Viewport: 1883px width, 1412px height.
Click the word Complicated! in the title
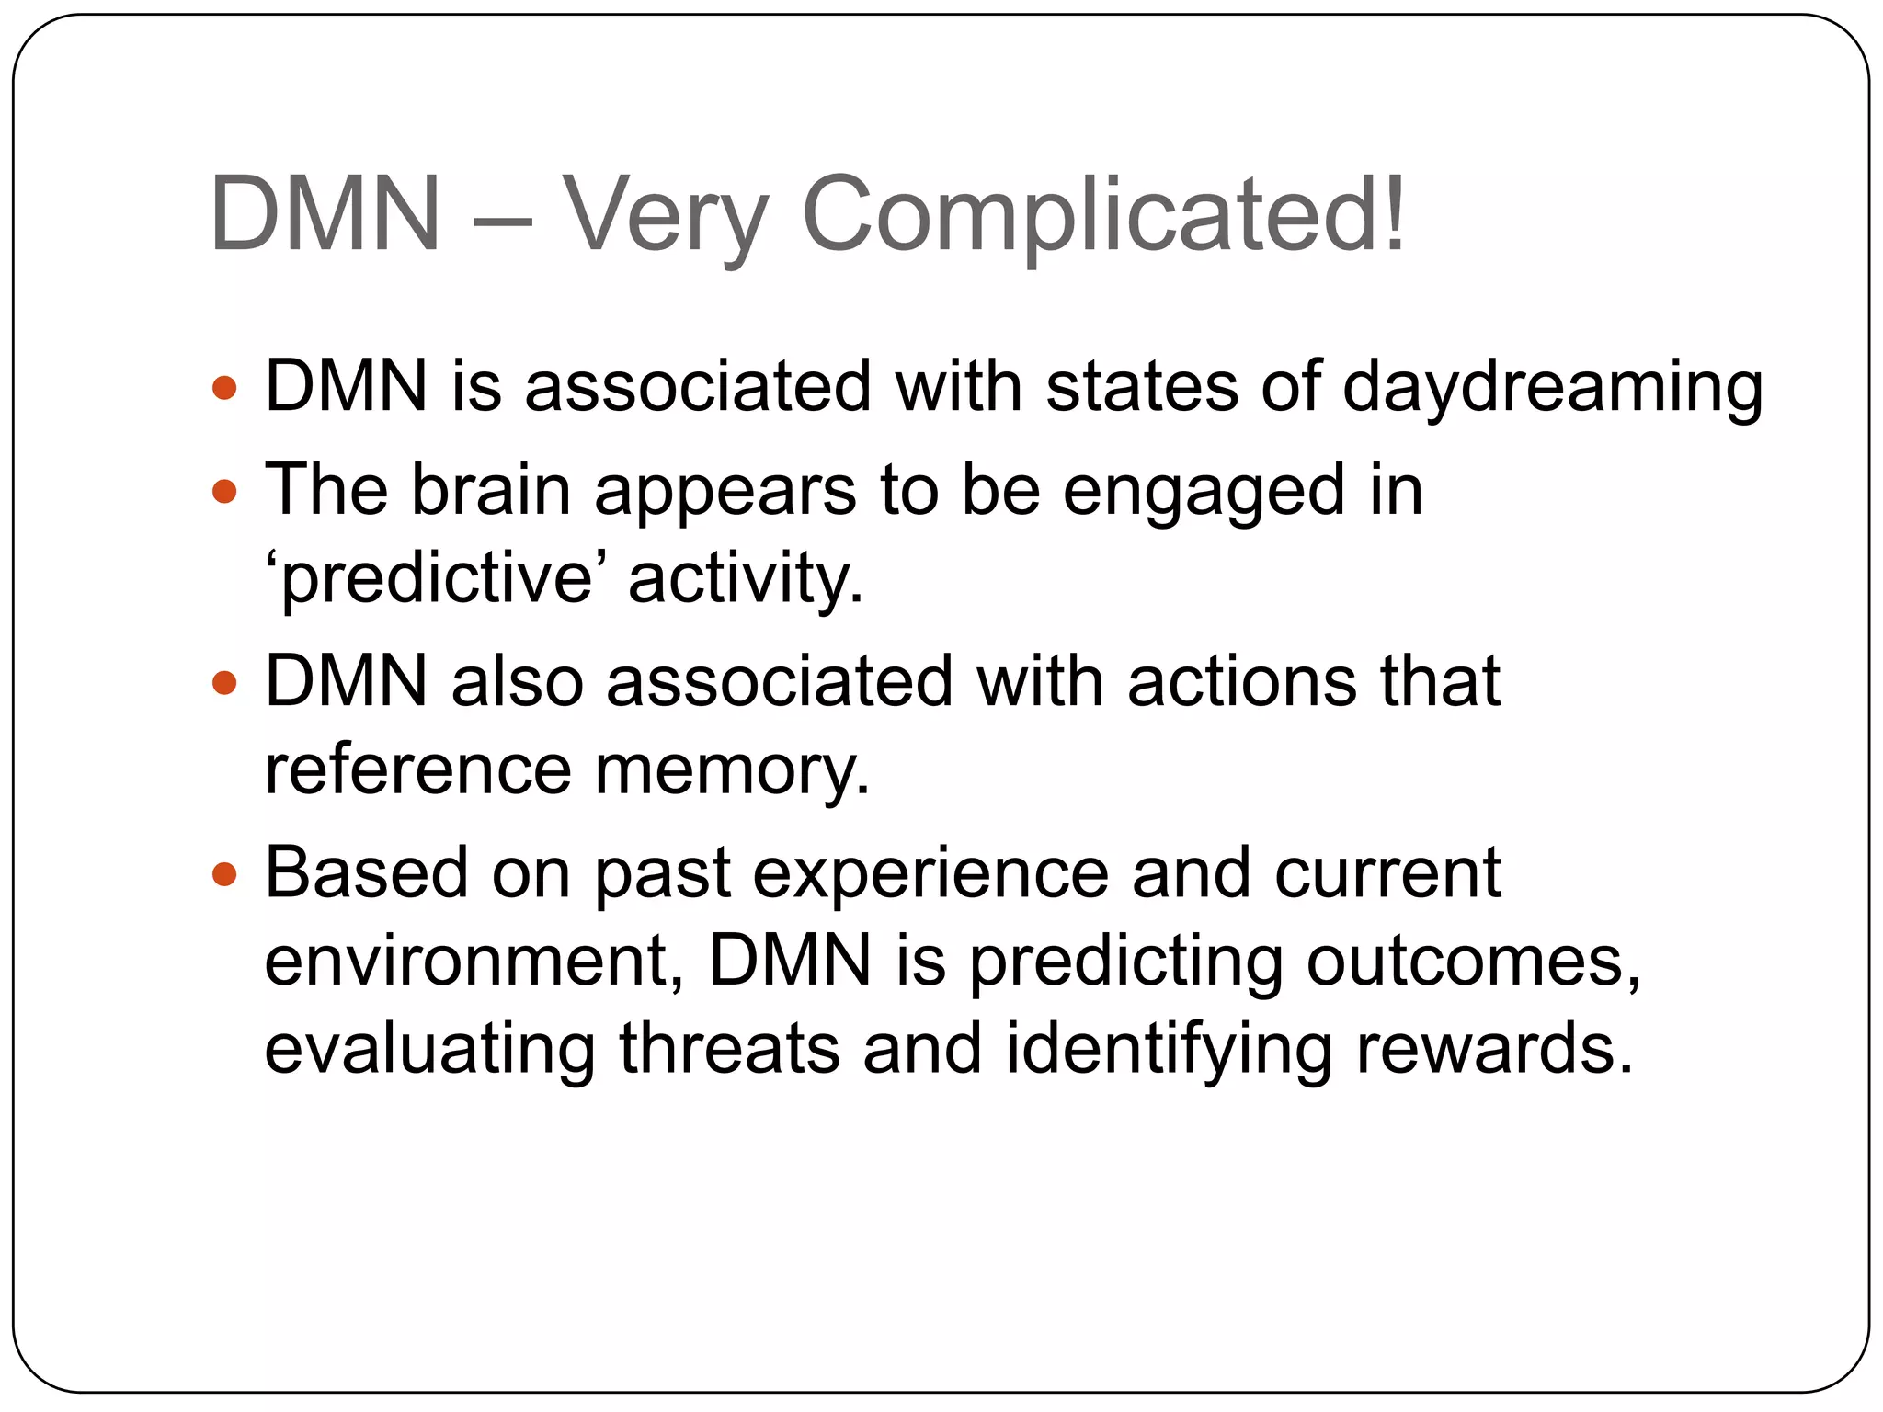[1103, 216]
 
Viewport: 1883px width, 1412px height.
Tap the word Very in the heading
[664, 216]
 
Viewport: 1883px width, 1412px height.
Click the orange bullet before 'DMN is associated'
[224, 388]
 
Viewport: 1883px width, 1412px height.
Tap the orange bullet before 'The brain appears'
[224, 492]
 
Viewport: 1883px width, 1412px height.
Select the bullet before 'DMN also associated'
[224, 684]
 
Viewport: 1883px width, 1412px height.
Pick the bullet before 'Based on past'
[224, 874]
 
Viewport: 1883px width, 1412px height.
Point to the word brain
[490, 490]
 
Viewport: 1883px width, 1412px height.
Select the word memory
[731, 769]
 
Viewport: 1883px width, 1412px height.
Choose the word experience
[930, 874]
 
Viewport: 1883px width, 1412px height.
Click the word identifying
[1169, 1050]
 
